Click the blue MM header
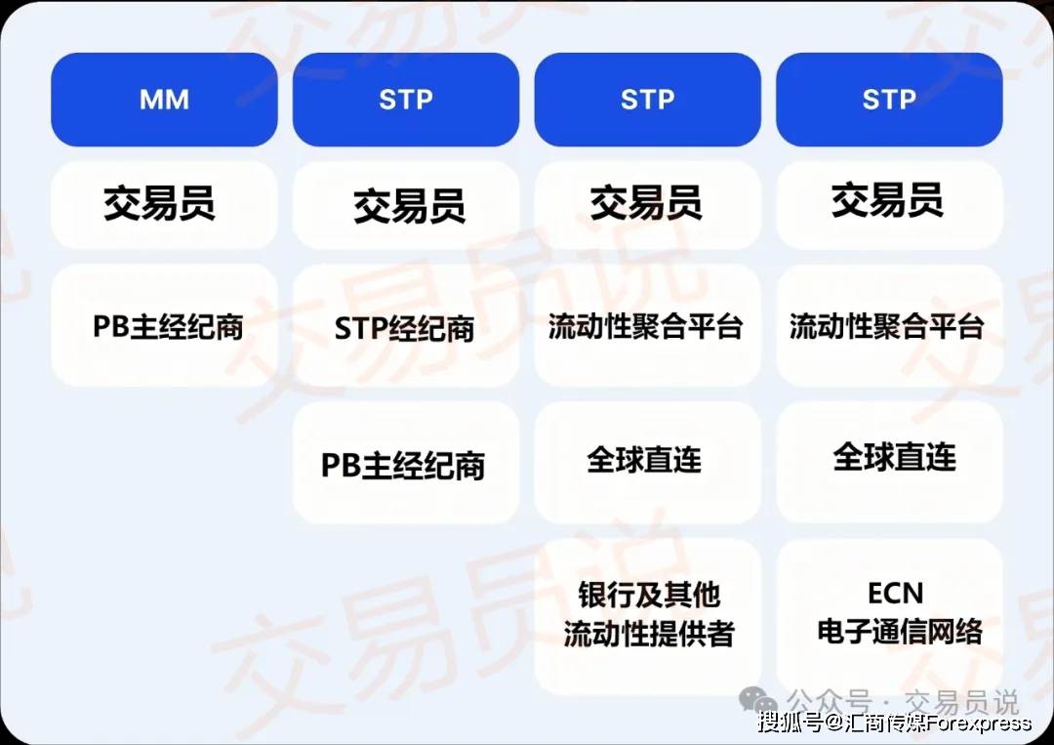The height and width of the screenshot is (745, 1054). click(164, 100)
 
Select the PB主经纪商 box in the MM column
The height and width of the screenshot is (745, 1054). click(164, 325)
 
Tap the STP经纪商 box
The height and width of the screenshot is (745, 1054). click(405, 327)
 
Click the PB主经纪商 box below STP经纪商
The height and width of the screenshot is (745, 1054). click(405, 463)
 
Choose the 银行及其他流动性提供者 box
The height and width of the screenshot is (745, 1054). click(647, 615)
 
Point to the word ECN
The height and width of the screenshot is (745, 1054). click(895, 594)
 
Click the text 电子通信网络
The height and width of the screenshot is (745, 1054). click(900, 632)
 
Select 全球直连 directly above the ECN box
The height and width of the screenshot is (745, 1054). click(894, 458)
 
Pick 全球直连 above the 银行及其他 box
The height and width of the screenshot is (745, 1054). click(644, 460)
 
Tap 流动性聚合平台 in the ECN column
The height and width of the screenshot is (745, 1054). click(886, 327)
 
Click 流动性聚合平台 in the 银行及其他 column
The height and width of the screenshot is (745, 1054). click(645, 327)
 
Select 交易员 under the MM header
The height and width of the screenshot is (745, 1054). click(159, 203)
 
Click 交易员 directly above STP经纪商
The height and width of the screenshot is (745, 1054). click(409, 206)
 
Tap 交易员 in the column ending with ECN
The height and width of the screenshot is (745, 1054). click(887, 200)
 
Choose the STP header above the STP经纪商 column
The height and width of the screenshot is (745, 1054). click(405, 100)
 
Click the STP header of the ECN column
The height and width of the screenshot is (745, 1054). click(889, 100)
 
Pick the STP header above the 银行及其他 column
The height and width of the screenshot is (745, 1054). click(647, 100)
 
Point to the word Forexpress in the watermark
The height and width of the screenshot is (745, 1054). click(979, 724)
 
